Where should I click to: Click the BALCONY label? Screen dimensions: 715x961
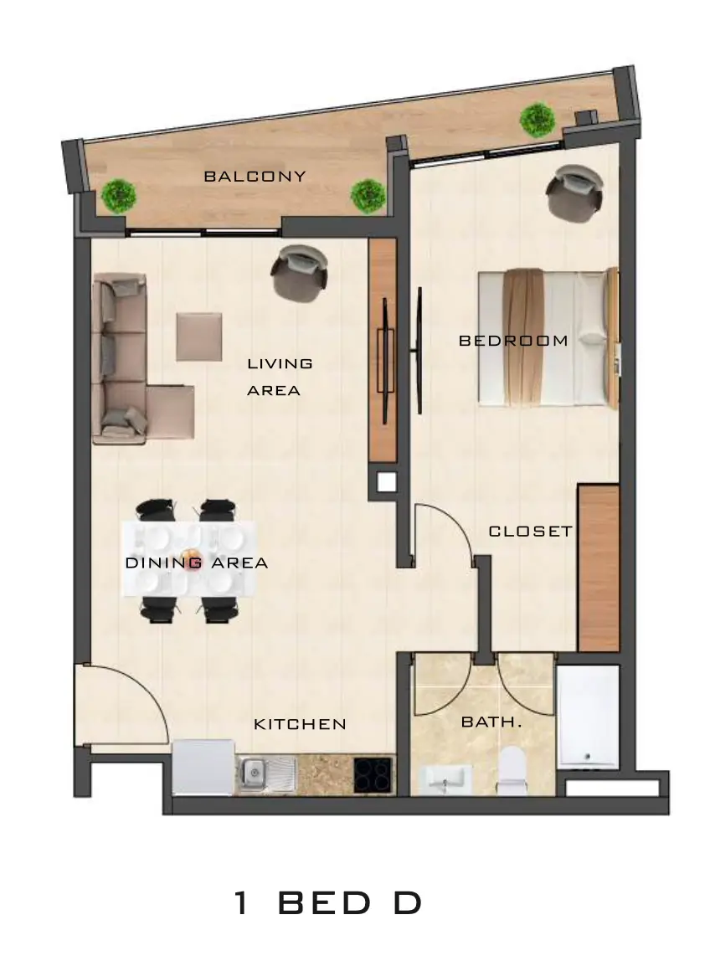(x=255, y=177)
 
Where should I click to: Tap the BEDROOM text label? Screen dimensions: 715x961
(x=513, y=340)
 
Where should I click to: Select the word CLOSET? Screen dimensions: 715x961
(x=531, y=531)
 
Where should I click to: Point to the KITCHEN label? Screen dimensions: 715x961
(x=300, y=724)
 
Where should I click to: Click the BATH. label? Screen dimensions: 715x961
(x=491, y=722)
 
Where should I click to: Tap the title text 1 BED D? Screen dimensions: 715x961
(x=328, y=902)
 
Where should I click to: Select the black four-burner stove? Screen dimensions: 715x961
(x=373, y=774)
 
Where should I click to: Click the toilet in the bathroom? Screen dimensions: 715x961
(x=512, y=770)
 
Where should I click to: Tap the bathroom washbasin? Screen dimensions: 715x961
(x=445, y=779)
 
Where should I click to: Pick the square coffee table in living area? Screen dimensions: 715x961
(x=199, y=337)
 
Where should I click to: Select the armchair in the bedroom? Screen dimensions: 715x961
(x=573, y=192)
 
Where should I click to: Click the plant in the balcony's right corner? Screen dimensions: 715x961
(x=538, y=120)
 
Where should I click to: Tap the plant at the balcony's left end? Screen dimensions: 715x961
(x=119, y=196)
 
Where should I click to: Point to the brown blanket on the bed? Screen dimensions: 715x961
(x=523, y=337)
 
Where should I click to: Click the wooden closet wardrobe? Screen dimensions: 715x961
(x=599, y=568)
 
